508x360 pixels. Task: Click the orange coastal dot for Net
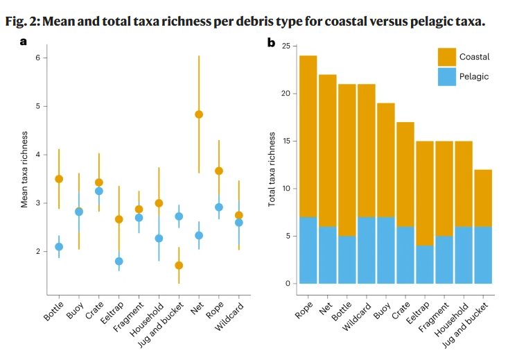pyautogui.click(x=199, y=114)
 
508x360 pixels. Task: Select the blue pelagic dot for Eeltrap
pyautogui.click(x=119, y=262)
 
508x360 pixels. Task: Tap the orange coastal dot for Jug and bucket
pyautogui.click(x=179, y=265)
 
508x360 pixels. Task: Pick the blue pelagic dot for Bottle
pyautogui.click(x=59, y=246)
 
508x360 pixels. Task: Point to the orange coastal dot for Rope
pyautogui.click(x=219, y=171)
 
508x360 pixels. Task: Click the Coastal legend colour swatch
pyautogui.click(x=447, y=56)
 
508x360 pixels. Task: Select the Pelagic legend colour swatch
pyautogui.click(x=447, y=76)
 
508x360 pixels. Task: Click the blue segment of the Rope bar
pyautogui.click(x=308, y=250)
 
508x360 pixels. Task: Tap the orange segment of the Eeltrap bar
pyautogui.click(x=424, y=193)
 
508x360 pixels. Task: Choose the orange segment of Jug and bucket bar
pyautogui.click(x=482, y=198)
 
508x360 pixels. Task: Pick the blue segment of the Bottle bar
pyautogui.click(x=347, y=260)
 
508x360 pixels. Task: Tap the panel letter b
pyautogui.click(x=272, y=42)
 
